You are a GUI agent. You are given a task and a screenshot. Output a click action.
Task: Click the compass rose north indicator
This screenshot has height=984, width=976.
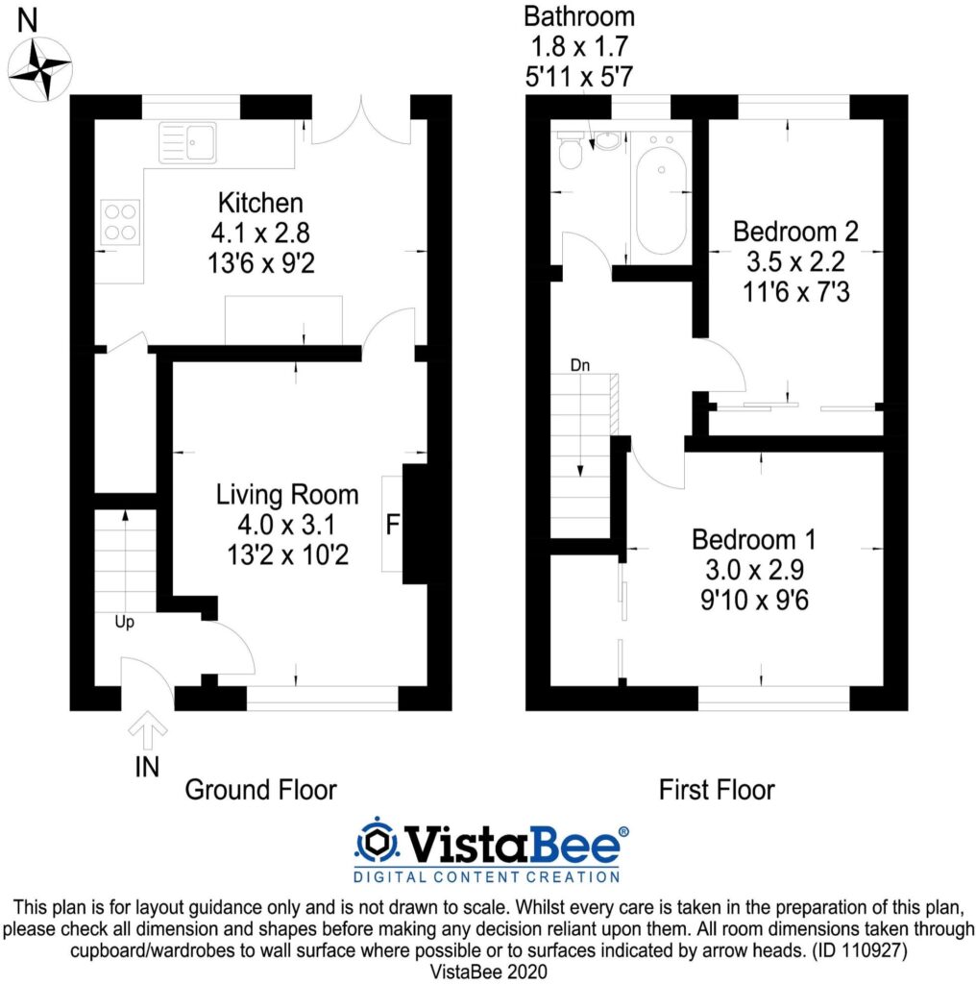[40, 67]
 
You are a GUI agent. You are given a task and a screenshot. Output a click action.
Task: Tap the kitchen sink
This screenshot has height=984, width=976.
[188, 142]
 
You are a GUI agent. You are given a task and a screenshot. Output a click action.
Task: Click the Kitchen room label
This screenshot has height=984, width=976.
[260, 204]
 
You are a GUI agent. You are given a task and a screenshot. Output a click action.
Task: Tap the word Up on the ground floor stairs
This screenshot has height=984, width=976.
[124, 622]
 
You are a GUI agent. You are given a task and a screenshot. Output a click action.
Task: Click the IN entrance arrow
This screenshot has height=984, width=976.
[147, 732]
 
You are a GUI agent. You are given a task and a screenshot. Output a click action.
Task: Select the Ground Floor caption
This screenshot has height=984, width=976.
[260, 790]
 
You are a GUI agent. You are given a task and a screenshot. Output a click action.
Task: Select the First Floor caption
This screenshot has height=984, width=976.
[716, 790]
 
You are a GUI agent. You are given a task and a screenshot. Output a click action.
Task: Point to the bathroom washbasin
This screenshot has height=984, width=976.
[606, 141]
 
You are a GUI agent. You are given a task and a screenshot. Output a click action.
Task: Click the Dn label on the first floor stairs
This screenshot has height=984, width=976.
[580, 365]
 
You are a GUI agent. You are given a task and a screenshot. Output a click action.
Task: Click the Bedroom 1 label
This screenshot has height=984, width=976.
[753, 537]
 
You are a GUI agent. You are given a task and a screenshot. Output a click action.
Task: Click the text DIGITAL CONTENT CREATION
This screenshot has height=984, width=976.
[487, 876]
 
